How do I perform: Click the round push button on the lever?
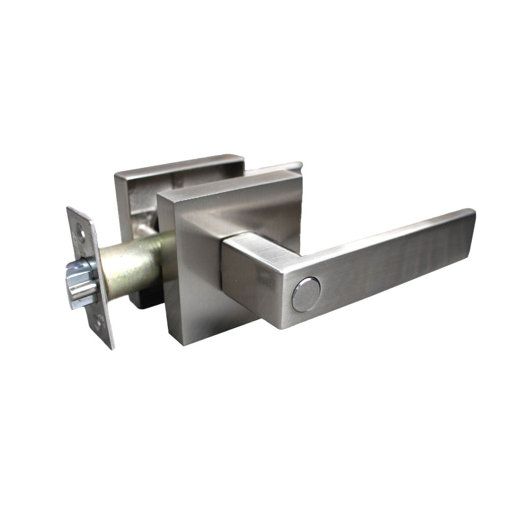click(306, 295)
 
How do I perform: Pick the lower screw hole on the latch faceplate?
click(100, 323)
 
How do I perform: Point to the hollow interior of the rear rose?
click(142, 204)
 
